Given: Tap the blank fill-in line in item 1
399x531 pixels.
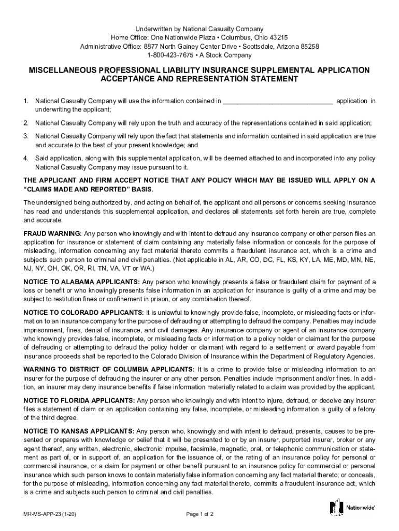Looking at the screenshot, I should pyautogui.click(x=278, y=101).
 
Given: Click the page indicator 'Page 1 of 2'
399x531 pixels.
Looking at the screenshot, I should pyautogui.click(x=199, y=514).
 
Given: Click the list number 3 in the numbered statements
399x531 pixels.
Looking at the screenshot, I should pyautogui.click(x=26, y=136).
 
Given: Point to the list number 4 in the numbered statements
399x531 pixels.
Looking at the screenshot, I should pyautogui.click(x=26, y=158).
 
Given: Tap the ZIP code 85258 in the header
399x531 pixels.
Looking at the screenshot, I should pyautogui.click(x=309, y=47).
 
